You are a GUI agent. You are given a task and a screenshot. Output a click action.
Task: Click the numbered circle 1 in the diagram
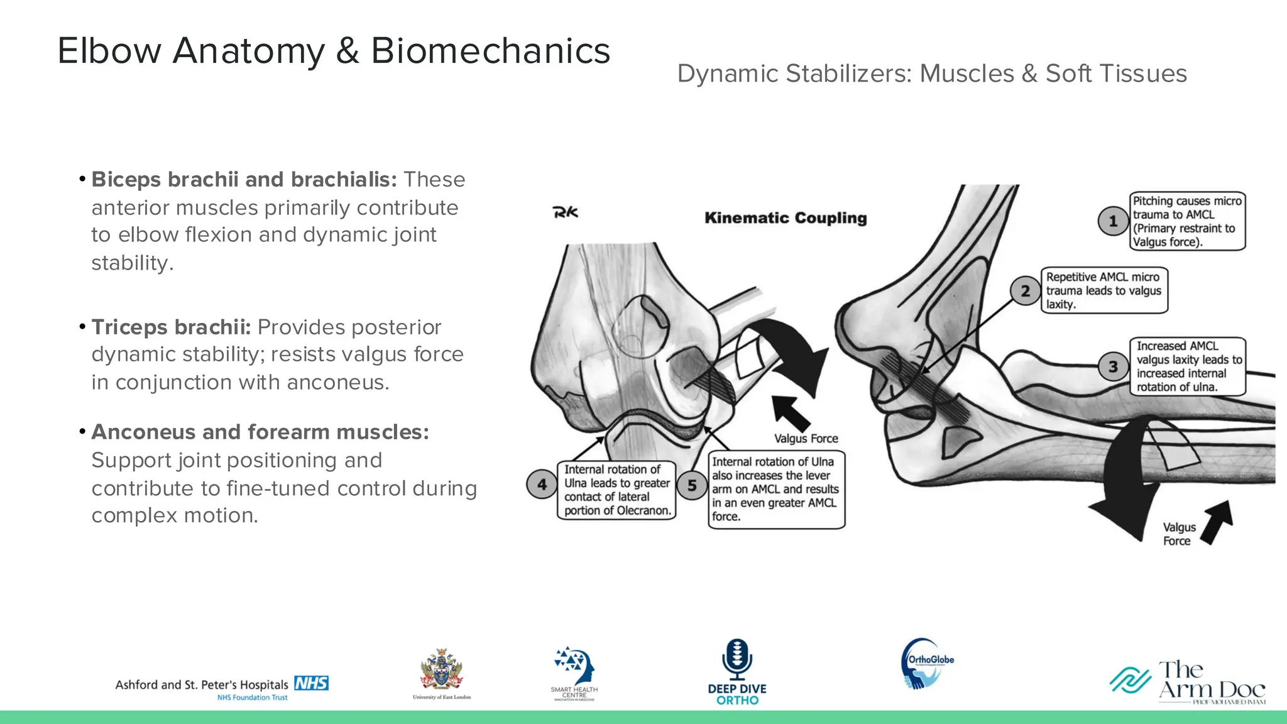[1113, 221]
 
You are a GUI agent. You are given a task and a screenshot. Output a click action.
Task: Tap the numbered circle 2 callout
[1025, 291]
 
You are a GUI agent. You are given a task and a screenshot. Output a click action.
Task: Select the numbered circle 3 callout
[1113, 366]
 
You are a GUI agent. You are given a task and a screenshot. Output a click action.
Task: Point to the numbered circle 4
[542, 485]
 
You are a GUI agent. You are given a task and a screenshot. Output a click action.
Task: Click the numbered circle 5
[692, 485]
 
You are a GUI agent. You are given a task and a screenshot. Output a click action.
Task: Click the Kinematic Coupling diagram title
[786, 218]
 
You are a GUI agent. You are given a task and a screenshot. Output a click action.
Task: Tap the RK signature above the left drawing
[565, 212]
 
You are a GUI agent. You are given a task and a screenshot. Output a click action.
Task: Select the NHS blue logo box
[312, 683]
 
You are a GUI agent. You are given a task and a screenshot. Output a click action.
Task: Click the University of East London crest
[441, 671]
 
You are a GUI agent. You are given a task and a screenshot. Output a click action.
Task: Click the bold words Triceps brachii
[171, 327]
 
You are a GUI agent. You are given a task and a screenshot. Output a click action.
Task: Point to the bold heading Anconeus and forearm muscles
[260, 432]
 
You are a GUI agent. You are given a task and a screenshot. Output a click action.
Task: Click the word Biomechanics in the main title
[490, 51]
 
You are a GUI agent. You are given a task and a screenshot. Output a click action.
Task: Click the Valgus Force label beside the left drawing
[806, 439]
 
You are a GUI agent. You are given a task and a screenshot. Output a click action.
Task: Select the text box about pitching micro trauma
[1186, 221]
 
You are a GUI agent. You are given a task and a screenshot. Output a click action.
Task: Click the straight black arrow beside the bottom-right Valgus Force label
[1218, 521]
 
